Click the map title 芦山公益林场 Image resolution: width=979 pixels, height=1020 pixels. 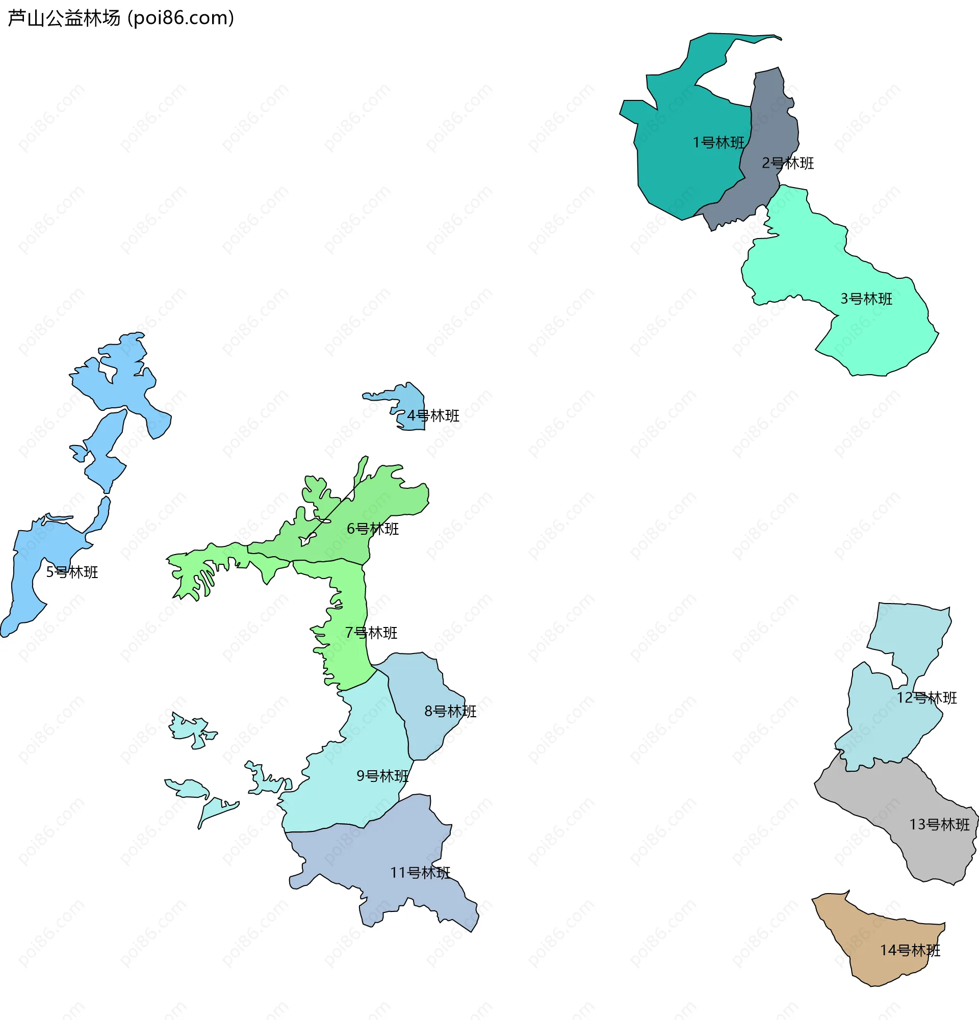click(x=64, y=18)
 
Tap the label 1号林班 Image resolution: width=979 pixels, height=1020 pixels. click(x=718, y=143)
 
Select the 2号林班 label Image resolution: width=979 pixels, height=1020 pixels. click(x=787, y=164)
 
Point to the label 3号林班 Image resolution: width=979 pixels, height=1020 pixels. click(x=866, y=299)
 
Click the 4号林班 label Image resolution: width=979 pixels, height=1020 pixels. click(x=433, y=416)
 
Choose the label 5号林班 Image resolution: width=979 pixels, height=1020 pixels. click(x=72, y=572)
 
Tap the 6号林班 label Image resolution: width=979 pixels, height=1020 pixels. click(x=373, y=529)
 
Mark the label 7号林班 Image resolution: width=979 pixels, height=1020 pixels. click(x=371, y=633)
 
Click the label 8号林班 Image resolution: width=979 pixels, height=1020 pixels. click(x=450, y=712)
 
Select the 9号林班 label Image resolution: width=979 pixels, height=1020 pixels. click(x=382, y=776)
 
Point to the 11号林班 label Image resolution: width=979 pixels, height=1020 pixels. click(x=420, y=873)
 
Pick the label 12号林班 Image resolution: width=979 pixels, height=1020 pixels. click(x=926, y=698)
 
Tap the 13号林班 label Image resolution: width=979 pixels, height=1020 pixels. click(x=939, y=825)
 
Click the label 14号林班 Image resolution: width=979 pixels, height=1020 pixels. click(x=910, y=950)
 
